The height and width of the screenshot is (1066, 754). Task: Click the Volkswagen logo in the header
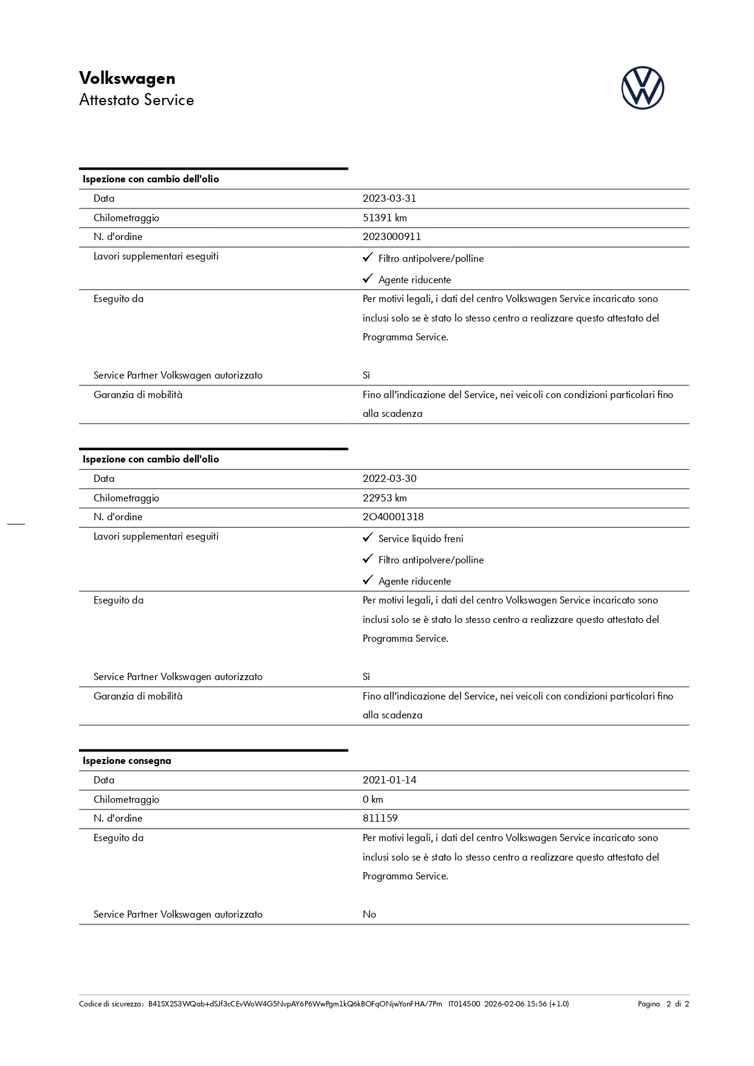[x=642, y=88]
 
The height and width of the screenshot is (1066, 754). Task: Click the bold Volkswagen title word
[x=127, y=78]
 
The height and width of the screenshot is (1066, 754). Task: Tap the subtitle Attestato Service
[x=136, y=100]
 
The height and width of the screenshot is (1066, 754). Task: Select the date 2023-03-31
[x=389, y=199]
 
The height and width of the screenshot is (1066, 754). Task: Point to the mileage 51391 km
[x=385, y=218]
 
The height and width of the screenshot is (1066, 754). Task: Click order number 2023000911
[x=391, y=237]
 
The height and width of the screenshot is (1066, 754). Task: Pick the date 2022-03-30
[x=389, y=479]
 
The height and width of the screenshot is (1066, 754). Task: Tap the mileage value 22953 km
[x=385, y=498]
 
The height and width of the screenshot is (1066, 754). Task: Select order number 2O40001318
[x=393, y=517]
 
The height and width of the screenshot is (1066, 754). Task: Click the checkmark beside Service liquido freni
[x=367, y=538]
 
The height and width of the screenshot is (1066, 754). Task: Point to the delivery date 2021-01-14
[x=389, y=780]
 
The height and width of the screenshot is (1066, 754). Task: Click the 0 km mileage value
[x=373, y=799]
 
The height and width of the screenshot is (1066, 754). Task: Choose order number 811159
[x=380, y=819]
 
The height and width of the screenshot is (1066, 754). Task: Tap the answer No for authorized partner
[x=369, y=915]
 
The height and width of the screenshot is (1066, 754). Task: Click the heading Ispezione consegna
[x=127, y=761]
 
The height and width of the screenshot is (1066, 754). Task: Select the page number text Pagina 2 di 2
[x=663, y=1004]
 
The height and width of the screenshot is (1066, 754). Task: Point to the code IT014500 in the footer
[x=464, y=1004]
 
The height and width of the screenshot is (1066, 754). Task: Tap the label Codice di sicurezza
[x=111, y=1004]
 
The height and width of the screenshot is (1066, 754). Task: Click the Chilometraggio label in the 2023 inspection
[x=126, y=218]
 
